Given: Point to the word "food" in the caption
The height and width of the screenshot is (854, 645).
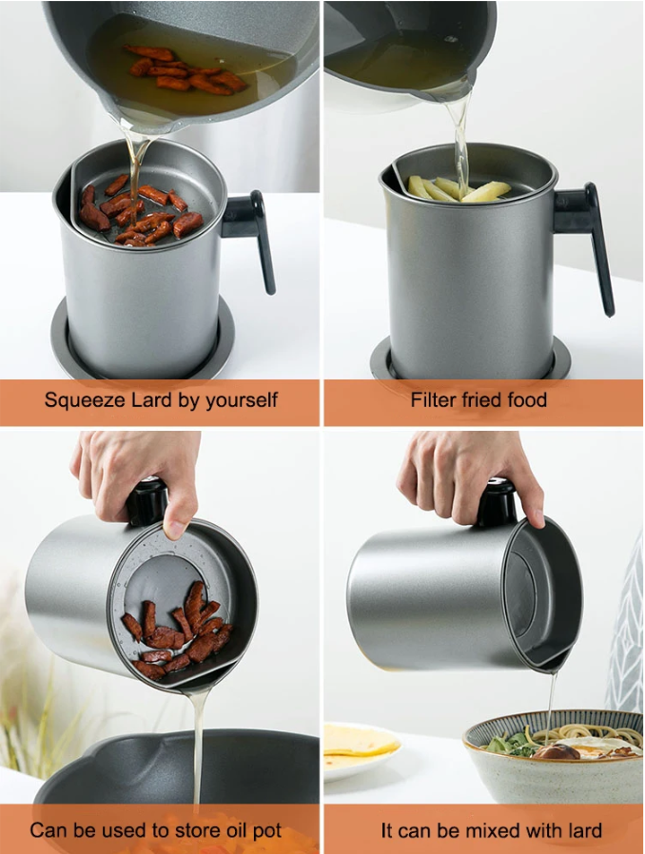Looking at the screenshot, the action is (x=527, y=399).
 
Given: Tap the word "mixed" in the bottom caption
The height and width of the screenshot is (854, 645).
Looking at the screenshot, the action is (x=485, y=830).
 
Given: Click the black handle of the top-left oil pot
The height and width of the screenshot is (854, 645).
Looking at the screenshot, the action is (x=251, y=234).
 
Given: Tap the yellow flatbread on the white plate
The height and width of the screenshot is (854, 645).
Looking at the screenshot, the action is (x=360, y=741).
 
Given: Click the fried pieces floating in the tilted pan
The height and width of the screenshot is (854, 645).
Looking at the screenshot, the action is (x=184, y=69).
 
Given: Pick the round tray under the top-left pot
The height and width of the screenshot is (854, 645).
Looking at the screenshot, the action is (x=143, y=354).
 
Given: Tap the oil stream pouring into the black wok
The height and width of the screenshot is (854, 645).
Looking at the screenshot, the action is (x=198, y=751).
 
